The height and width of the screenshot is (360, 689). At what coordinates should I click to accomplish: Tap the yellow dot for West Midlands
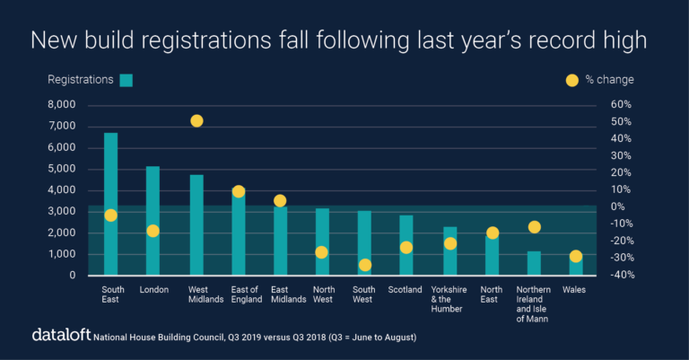pos(196,120)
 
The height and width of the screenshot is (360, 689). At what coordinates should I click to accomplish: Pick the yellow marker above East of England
pos(239,191)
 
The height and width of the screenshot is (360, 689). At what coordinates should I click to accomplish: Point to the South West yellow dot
pos(365,265)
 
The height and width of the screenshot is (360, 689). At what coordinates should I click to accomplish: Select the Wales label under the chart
pos(575,290)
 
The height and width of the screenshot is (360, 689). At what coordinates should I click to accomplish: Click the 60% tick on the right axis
pos(622,104)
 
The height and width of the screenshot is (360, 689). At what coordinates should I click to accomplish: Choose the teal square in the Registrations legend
pos(126,80)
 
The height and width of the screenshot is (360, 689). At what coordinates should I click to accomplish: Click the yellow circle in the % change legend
pos(571,80)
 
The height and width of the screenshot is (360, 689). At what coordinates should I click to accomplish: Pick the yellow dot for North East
pos(492,233)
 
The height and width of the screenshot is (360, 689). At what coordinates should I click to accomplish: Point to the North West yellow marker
pos(321,252)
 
